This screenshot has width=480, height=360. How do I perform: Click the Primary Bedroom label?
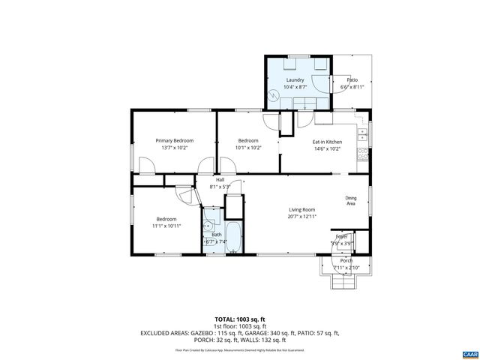[174, 140]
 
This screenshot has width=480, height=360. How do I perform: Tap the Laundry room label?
[295, 79]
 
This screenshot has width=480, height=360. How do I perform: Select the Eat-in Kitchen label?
[327, 141]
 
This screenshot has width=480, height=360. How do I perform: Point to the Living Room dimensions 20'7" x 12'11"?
[303, 217]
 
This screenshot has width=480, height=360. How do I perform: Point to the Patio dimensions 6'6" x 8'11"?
[352, 87]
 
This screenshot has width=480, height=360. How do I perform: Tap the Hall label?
[220, 180]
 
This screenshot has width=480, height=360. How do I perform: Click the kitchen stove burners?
[363, 154]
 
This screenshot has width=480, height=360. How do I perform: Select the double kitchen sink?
[362, 135]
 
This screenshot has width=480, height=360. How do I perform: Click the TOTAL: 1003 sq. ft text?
[239, 319]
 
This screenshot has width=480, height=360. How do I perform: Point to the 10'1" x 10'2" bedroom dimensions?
[248, 148]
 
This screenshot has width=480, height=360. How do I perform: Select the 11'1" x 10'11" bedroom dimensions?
[167, 225]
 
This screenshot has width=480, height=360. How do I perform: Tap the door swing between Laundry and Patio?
[323, 82]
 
